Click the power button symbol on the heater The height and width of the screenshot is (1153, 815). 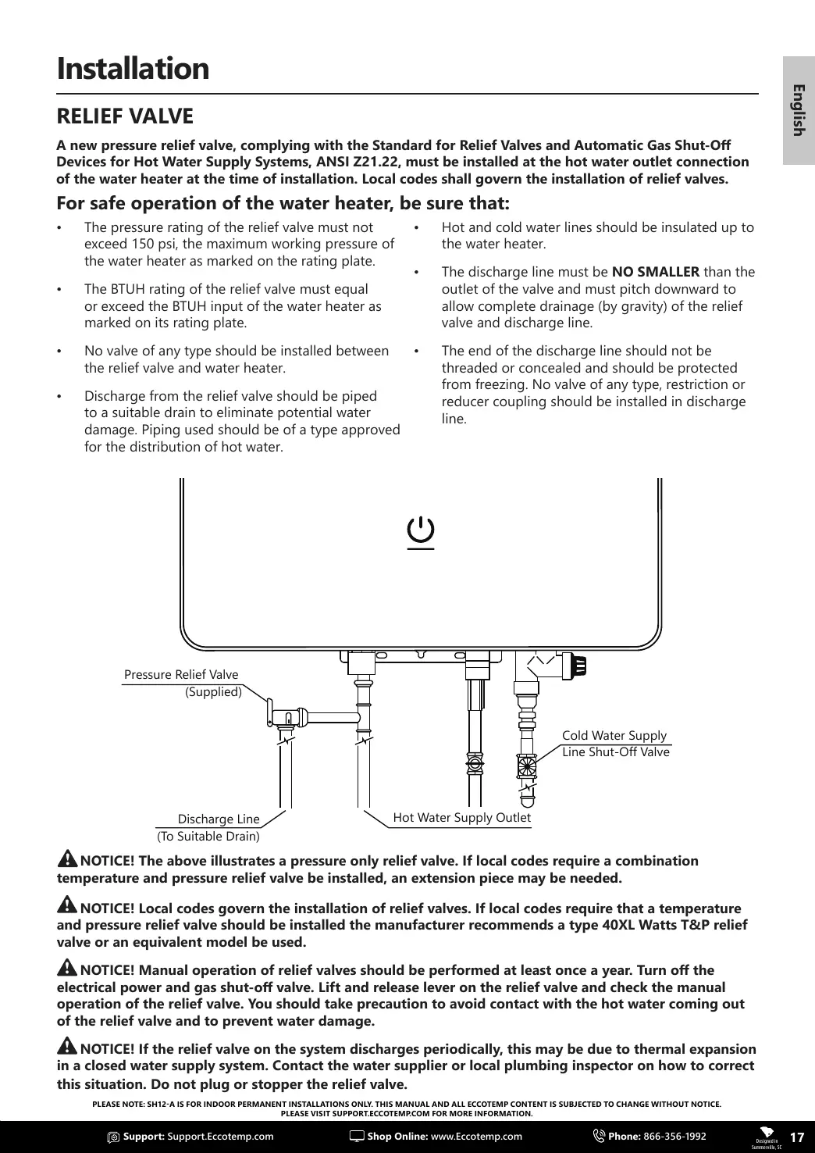(x=421, y=532)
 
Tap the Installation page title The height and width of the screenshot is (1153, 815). (x=133, y=69)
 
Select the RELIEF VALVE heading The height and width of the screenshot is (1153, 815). (x=125, y=116)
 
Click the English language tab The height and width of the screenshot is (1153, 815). (x=798, y=109)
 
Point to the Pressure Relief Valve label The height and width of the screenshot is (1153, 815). (x=181, y=675)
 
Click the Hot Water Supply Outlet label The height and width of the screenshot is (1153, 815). (x=461, y=818)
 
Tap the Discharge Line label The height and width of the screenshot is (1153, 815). (x=219, y=819)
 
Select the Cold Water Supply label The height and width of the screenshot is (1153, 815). (x=614, y=736)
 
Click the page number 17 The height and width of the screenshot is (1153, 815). (x=797, y=1137)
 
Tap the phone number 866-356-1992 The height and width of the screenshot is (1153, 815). (x=674, y=1137)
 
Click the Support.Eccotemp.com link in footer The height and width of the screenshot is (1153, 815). (x=221, y=1137)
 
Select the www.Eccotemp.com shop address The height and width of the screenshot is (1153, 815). (x=476, y=1137)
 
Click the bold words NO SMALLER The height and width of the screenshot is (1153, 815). (x=656, y=272)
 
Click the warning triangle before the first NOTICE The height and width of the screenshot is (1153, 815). (x=67, y=859)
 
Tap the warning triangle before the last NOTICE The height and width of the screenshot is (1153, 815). (x=67, y=1048)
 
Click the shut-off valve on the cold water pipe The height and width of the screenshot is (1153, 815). (x=527, y=766)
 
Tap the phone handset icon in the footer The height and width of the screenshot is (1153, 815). (x=600, y=1137)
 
